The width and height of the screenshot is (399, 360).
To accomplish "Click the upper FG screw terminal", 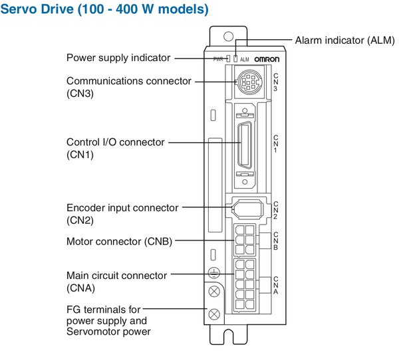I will point(214,292).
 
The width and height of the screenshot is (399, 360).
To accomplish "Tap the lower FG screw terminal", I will point(214,314).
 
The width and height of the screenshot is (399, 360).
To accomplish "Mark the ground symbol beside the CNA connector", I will point(214,272).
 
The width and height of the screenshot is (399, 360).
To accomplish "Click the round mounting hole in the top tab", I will point(228,35).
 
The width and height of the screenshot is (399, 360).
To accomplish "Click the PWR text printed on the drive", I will point(217,59).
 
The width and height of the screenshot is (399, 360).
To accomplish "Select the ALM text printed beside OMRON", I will point(245,59).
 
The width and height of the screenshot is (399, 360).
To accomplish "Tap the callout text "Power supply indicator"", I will point(118,58).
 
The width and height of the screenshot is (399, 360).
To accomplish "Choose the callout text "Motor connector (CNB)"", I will point(119,242).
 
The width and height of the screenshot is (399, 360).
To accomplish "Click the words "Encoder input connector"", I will point(122,208).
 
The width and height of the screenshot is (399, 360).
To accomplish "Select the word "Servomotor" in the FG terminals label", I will point(90,331).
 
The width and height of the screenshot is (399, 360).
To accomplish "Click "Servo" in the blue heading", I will point(19,10).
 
